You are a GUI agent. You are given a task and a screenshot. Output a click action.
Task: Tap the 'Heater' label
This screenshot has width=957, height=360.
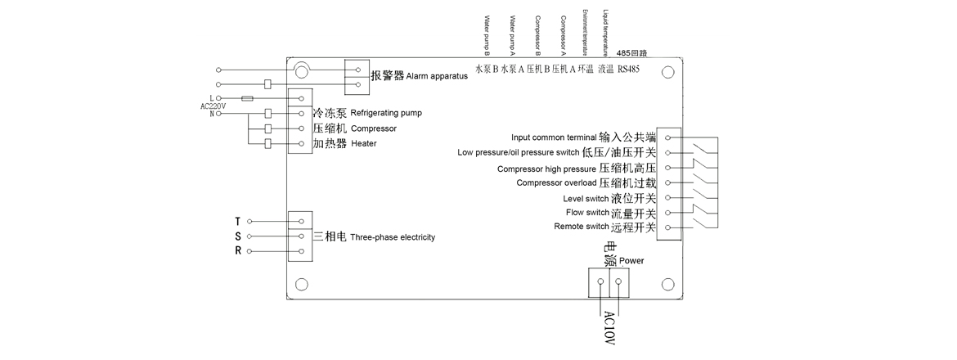tap(363, 144)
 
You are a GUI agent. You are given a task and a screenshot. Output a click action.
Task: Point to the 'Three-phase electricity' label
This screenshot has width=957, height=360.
tap(393, 237)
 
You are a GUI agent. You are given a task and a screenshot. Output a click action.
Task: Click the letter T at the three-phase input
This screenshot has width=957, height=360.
tap(237, 222)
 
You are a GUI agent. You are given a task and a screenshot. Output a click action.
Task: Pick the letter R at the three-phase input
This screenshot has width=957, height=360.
tap(237, 251)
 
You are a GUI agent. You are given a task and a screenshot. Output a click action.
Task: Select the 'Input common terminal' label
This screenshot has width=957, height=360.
tap(554, 137)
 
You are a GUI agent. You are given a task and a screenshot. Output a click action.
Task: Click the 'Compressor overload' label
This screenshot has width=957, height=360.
tap(556, 182)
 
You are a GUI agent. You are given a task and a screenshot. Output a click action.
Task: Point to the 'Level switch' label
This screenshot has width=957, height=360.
tap(586, 198)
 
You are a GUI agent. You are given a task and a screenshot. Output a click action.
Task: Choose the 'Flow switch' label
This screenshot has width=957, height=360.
tap(586, 213)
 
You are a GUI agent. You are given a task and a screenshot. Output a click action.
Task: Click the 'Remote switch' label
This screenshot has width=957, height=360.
tap(581, 227)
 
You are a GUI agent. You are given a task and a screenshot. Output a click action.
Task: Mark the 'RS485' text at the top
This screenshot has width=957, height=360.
tap(628, 70)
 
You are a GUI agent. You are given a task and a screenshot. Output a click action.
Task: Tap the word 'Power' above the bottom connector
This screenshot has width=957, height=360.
tap(632, 261)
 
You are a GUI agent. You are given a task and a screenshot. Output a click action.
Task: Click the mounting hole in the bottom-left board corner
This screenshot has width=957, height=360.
tap(302, 285)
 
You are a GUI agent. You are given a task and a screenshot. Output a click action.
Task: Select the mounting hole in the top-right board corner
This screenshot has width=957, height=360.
tap(667, 72)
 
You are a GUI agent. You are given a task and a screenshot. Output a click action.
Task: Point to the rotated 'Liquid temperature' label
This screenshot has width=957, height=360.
tap(605, 29)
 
